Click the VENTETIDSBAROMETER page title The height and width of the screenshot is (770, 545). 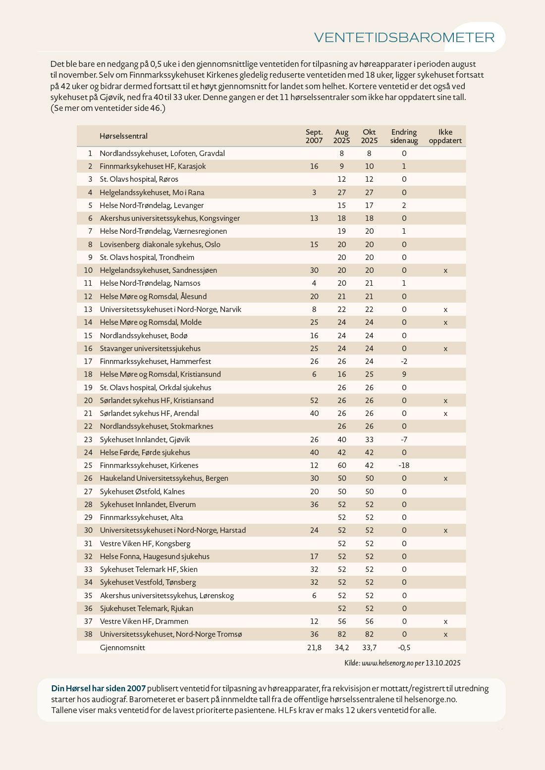click(404, 38)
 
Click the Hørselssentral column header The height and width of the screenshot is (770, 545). click(123, 136)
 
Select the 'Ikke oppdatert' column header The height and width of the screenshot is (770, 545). click(445, 136)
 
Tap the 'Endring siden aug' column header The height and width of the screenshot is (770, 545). click(404, 136)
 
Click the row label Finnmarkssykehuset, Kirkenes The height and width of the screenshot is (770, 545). click(149, 465)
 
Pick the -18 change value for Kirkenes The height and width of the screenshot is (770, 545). click(404, 465)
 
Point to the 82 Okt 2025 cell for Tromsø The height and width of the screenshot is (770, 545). click(369, 634)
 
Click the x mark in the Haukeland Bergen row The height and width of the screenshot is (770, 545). click(445, 478)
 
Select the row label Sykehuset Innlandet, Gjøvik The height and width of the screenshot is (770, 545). click(145, 439)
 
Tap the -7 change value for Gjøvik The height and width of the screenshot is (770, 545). click(404, 439)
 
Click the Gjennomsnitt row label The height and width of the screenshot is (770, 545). click(122, 648)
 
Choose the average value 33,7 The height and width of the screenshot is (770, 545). click(369, 648)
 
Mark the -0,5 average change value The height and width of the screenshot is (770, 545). click(404, 648)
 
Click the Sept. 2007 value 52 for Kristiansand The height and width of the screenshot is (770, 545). click(314, 401)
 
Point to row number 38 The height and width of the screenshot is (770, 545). click(88, 634)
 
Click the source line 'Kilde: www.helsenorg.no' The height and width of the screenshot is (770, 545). click(402, 663)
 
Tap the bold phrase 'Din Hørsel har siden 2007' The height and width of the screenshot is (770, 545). click(99, 688)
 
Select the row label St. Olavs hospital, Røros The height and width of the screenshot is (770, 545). click(139, 179)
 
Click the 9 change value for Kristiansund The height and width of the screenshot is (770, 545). click(404, 374)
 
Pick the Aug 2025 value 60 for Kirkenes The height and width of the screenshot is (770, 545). click(341, 465)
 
